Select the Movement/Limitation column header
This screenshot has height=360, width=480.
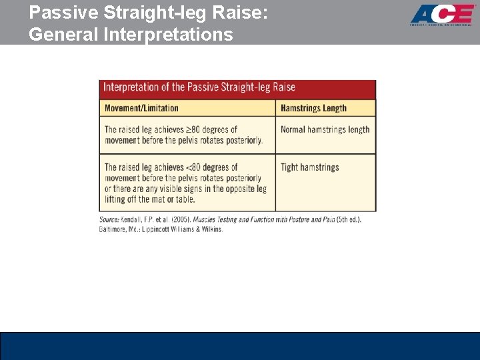tap(141, 108)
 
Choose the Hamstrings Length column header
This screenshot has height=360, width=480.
tap(313, 108)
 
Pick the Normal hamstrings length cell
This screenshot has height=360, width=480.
tap(325, 129)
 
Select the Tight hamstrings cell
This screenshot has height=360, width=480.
tap(309, 167)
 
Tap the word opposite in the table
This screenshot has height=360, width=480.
tap(232, 189)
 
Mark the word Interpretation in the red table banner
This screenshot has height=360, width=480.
tap(131, 87)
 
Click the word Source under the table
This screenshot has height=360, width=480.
tap(109, 219)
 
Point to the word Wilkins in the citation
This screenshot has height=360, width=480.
tap(209, 229)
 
